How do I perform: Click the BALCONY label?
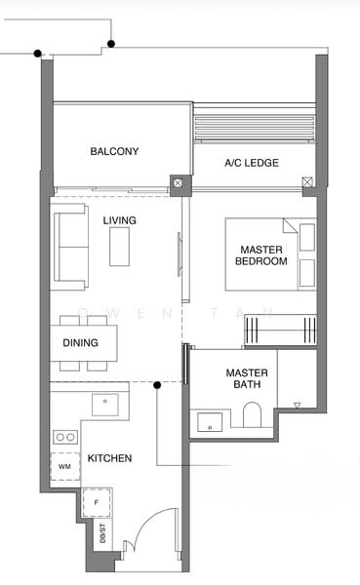pos(114,151)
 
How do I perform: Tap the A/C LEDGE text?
pos(252,163)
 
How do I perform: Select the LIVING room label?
pos(119,220)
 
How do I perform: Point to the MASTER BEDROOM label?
pos(261,255)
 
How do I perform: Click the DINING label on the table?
pos(80,342)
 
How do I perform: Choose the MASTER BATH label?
pos(247,378)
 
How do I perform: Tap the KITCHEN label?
pos(109,458)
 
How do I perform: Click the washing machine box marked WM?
pos(65,466)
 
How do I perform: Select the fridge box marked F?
pos(97,502)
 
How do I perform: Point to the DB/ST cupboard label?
pos(102,533)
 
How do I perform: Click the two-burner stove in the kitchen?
pos(65,437)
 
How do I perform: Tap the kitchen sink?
pos(105,405)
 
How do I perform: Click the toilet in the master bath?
pos(253,414)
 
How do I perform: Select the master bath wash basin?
pos(210,422)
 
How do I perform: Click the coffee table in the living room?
pos(119,247)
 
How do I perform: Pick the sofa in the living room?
pos(71,247)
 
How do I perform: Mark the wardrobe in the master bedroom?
pos(281,330)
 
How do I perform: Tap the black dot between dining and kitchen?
pos(157,385)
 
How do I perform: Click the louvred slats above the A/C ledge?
pos(255,128)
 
